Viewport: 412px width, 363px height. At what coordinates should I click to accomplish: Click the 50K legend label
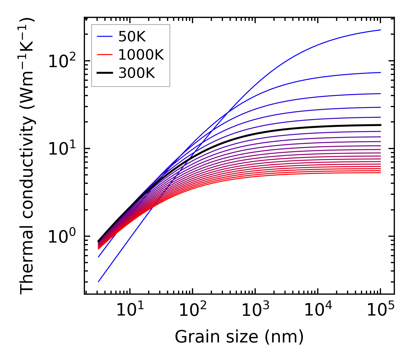click(x=132, y=36)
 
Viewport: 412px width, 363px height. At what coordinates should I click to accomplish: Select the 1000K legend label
click(x=141, y=55)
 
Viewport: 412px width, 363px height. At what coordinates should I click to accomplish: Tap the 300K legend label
click(x=137, y=73)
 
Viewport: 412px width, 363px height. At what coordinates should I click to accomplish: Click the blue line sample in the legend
click(x=104, y=36)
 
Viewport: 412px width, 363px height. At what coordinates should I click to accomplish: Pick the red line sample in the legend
click(x=104, y=55)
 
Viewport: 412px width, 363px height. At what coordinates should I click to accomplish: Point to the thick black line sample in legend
click(x=104, y=73)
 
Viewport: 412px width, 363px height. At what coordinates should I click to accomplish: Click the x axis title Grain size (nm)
click(x=239, y=337)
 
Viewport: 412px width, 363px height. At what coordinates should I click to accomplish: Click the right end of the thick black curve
click(x=380, y=125)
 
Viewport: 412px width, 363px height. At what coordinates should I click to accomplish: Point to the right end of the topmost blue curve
click(x=380, y=30)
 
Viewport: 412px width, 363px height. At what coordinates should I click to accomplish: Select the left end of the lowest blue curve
click(x=99, y=282)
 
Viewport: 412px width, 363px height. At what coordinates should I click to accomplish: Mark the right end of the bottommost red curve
click(x=380, y=173)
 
